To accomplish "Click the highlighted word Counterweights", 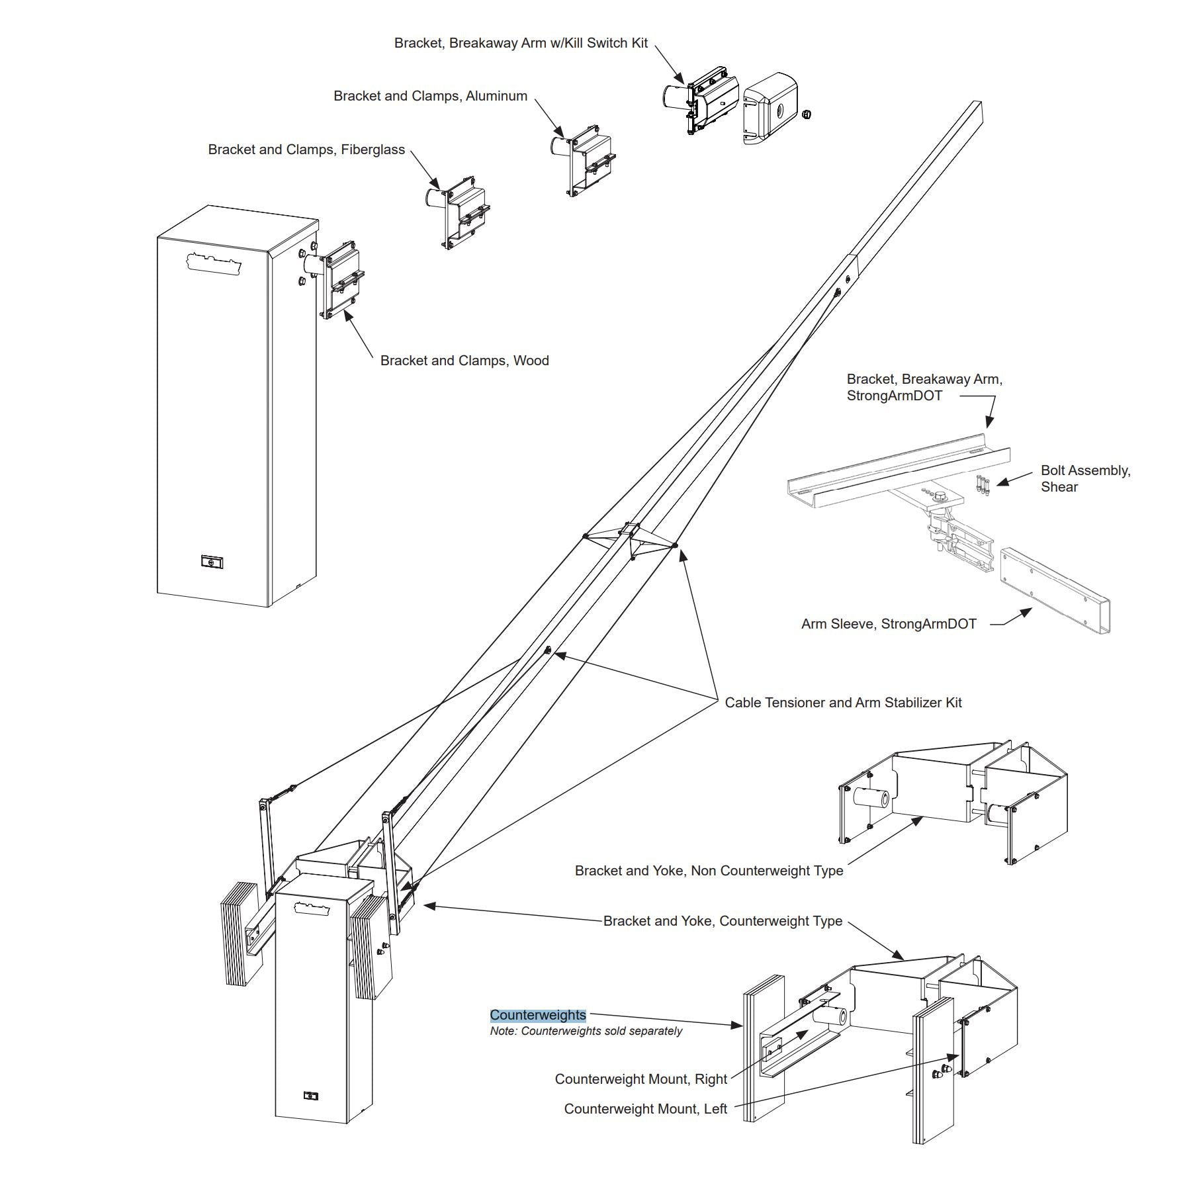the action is click(538, 1015).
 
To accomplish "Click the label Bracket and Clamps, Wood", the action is click(464, 361).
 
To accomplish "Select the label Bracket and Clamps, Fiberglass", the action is click(306, 150).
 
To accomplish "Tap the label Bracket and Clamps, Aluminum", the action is click(431, 96).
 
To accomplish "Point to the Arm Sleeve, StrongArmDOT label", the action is click(889, 624).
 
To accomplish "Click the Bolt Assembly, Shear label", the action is click(1086, 478).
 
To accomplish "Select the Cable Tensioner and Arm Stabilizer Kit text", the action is click(844, 703).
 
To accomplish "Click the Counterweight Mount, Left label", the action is click(646, 1109).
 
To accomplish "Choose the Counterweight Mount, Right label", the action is click(641, 1079).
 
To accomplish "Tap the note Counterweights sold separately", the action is click(586, 1031).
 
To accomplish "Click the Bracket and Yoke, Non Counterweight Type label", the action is click(709, 871).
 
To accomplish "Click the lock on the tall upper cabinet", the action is click(212, 562).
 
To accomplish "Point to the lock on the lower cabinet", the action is click(310, 1096).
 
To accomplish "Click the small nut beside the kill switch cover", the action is click(806, 114).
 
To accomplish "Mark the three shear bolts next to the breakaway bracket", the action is click(983, 485).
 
